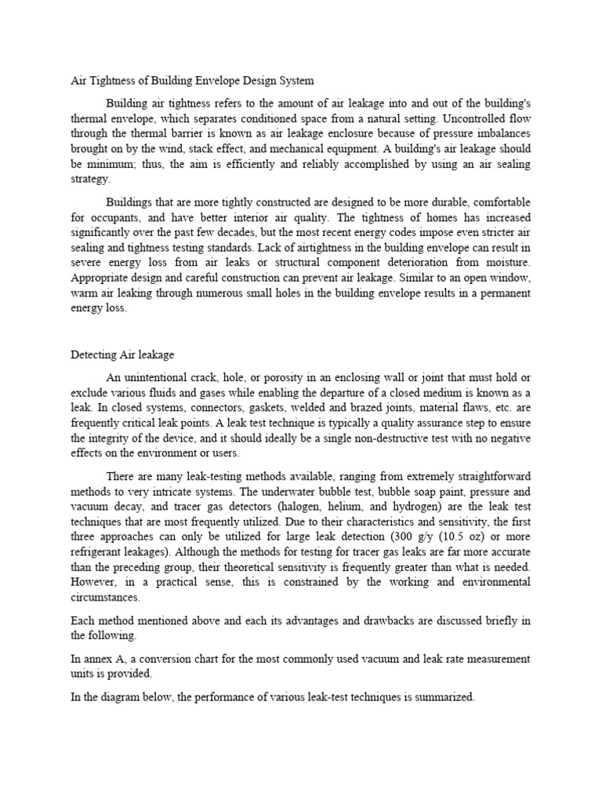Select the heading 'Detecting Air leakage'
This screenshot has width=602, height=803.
click(x=122, y=355)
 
